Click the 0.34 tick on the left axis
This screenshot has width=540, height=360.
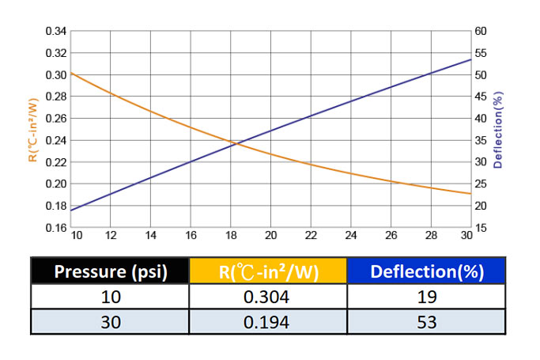pyautogui.click(x=56, y=32)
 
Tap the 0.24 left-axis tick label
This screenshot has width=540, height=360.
pyautogui.click(x=56, y=141)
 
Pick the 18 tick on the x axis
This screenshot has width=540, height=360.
pyautogui.click(x=231, y=236)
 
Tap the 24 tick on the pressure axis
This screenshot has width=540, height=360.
pyautogui.click(x=351, y=236)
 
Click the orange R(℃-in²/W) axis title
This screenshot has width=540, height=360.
pyautogui.click(x=32, y=131)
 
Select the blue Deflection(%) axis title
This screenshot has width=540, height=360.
pyautogui.click(x=498, y=131)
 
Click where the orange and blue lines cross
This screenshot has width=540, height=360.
pyautogui.click(x=236, y=143)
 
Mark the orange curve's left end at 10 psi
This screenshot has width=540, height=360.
pyautogui.click(x=72, y=73)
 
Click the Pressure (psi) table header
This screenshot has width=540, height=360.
pyautogui.click(x=110, y=272)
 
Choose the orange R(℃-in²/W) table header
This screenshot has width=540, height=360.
pyautogui.click(x=269, y=272)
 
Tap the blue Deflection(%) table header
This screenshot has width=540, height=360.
pyautogui.click(x=427, y=272)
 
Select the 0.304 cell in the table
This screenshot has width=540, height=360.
pyautogui.click(x=269, y=297)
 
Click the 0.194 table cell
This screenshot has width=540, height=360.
pyautogui.click(x=269, y=322)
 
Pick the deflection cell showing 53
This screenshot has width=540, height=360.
pyautogui.click(x=427, y=322)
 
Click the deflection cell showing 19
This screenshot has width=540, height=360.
pyautogui.click(x=427, y=297)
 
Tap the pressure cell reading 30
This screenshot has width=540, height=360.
pyautogui.click(x=110, y=322)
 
